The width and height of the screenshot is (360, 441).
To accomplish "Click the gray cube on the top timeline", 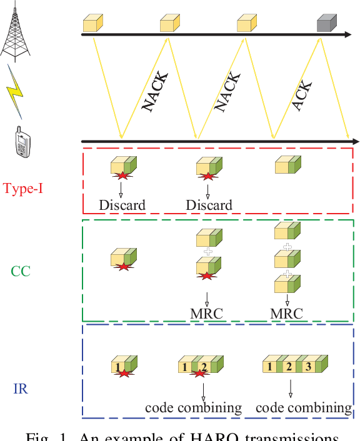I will click(326, 24).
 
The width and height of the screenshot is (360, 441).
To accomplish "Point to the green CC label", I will click(21, 271).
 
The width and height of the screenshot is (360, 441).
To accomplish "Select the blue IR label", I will click(20, 390).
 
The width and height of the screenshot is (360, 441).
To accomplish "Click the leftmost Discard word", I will click(122, 205).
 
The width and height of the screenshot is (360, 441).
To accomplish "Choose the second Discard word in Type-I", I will click(209, 205).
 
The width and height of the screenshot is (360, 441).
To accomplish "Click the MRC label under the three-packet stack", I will click(287, 313).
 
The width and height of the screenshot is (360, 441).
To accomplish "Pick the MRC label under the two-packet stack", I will click(206, 313).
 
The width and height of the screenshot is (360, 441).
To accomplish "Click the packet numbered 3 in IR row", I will click(308, 367).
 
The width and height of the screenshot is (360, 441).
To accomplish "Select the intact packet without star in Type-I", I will click(288, 165).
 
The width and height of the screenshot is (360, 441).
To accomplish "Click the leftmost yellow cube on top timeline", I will click(92, 24).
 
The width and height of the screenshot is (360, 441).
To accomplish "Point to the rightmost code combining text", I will click(304, 408).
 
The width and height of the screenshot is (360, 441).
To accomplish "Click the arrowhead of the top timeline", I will click(347, 36).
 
